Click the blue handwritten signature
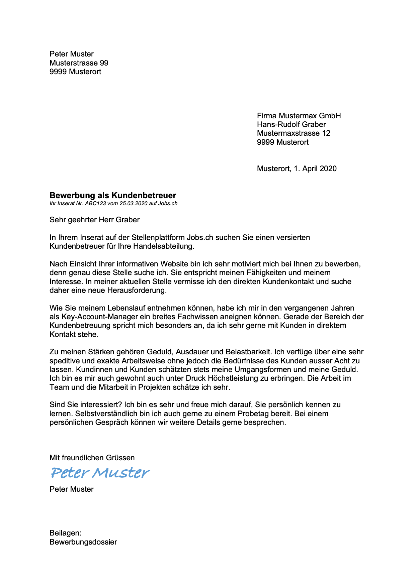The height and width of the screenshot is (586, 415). click(x=100, y=473)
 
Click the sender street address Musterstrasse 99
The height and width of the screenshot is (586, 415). click(x=79, y=63)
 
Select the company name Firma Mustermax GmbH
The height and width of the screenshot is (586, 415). click(x=299, y=116)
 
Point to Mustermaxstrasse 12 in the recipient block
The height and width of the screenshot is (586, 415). click(x=294, y=133)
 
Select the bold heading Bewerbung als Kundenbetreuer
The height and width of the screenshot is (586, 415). click(x=113, y=196)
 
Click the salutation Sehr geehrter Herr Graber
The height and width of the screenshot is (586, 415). click(x=94, y=220)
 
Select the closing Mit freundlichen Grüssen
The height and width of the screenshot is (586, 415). click(x=92, y=458)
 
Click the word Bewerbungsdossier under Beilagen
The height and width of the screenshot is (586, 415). click(x=83, y=542)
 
